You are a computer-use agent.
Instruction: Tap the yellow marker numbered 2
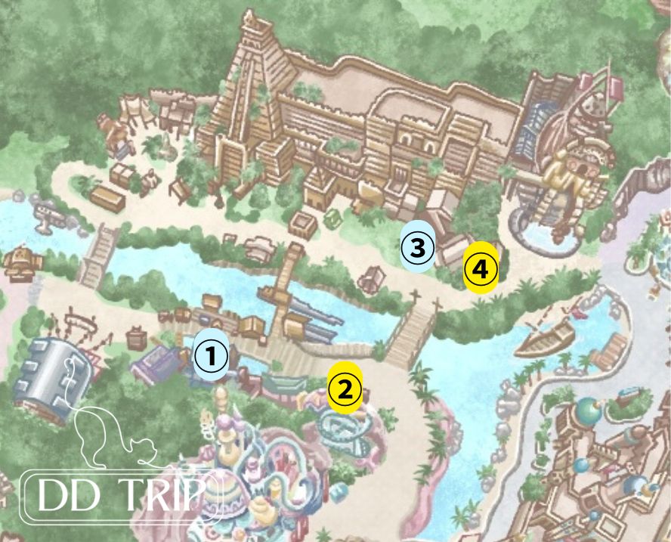pos(345,388)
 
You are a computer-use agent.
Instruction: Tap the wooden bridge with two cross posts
pos(412,333)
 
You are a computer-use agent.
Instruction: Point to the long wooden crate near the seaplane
pos(107,198)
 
